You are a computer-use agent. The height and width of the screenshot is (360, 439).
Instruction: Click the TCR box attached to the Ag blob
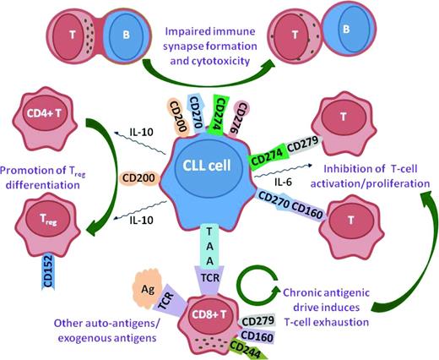click(170, 297)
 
